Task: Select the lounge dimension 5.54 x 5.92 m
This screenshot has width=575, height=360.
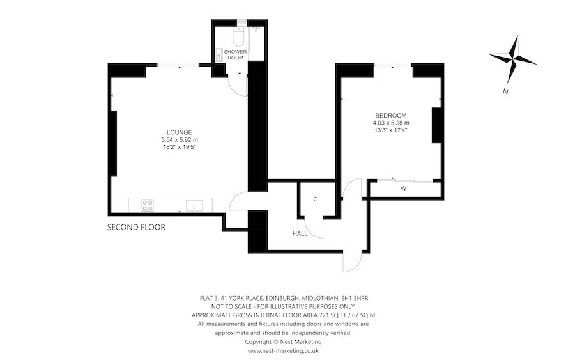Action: pyautogui.click(x=180, y=139)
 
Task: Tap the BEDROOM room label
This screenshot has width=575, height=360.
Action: pyautogui.click(x=390, y=115)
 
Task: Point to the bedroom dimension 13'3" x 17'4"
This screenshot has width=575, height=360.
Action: pyautogui.click(x=390, y=130)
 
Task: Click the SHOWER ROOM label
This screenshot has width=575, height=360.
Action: pyautogui.click(x=234, y=54)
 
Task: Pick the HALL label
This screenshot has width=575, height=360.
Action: pyautogui.click(x=300, y=234)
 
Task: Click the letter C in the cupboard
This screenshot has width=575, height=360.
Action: pyautogui.click(x=315, y=200)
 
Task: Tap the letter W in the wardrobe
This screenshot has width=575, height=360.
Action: pyautogui.click(x=403, y=189)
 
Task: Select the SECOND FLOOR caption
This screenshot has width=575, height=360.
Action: pyautogui.click(x=136, y=227)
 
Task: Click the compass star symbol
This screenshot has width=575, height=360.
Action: pyautogui.click(x=512, y=59)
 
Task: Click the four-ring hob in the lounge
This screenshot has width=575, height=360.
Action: pyautogui.click(x=147, y=205)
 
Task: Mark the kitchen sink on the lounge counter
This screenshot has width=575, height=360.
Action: pyautogui.click(x=194, y=205)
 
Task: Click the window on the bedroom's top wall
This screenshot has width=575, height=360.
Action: pyautogui.click(x=393, y=65)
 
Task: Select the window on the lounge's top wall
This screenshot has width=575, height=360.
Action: pyautogui.click(x=178, y=65)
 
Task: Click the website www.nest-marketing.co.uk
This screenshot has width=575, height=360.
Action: pyautogui.click(x=283, y=350)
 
